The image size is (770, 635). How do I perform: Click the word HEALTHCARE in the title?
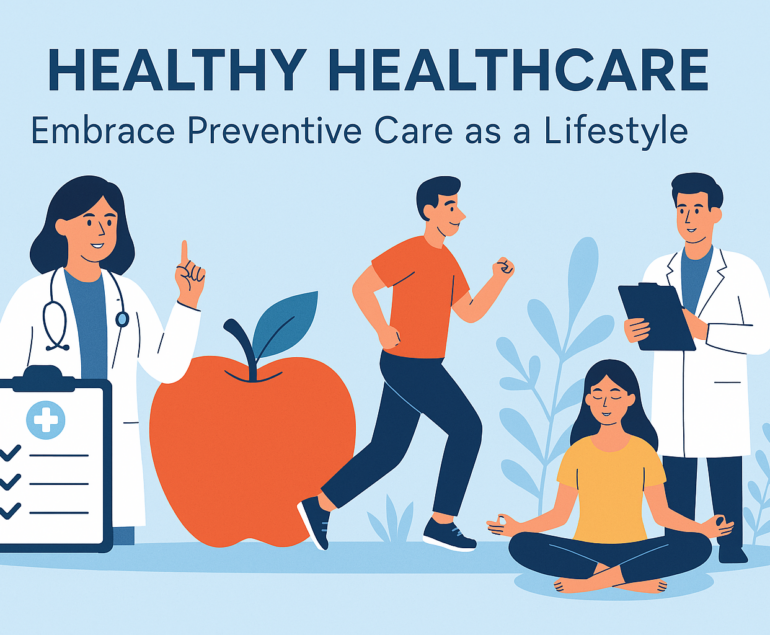click(x=522, y=69)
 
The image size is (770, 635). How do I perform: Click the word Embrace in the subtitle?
click(x=103, y=131)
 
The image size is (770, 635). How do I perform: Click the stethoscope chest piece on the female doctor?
click(x=122, y=320)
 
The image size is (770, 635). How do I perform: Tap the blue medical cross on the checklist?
click(x=46, y=420)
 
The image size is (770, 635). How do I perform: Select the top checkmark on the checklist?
click(x=10, y=453)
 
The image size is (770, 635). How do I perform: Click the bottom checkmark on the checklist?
click(x=10, y=511)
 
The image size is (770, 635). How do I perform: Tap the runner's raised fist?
click(x=503, y=268)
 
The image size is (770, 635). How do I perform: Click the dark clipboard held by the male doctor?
click(x=656, y=316)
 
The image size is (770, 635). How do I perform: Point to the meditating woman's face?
click(x=609, y=403)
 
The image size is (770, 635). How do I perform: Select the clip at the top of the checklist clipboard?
click(x=43, y=379)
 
